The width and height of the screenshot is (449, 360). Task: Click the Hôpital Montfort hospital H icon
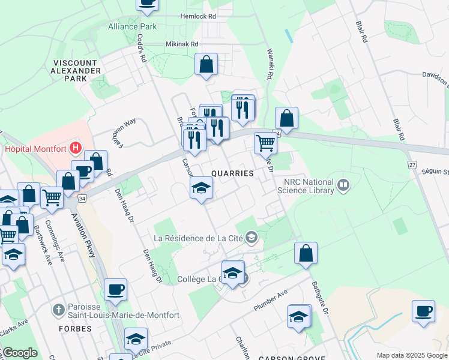coord(76,147)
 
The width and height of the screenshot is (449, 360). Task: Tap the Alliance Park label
coord(132,26)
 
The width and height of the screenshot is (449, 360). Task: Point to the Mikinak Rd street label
coord(181,44)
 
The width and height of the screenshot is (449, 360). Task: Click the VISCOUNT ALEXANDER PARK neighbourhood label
coord(76,71)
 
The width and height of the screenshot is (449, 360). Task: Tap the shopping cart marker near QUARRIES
coord(265,143)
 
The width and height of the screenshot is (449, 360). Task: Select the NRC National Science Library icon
coord(343,185)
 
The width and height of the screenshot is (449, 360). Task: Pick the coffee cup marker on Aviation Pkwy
coord(115,289)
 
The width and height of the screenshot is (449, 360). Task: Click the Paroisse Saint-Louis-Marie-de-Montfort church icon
coord(58,310)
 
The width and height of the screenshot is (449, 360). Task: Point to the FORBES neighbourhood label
coord(75,329)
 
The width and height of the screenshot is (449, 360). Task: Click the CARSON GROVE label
coord(284,358)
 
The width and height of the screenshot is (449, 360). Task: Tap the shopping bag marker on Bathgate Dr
coord(306,253)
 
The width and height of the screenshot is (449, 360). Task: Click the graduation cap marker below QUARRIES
coord(202,188)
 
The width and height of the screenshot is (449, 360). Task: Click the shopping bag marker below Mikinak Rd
coord(206,65)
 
